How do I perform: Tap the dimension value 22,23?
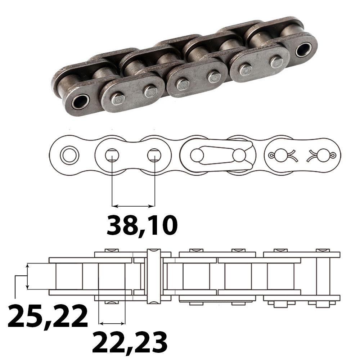tap(130, 342)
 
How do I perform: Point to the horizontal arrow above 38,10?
tap(133, 206)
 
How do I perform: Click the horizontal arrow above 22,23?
tap(112, 322)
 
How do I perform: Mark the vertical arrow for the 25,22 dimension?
tap(27, 276)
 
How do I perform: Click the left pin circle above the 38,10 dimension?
tap(112, 156)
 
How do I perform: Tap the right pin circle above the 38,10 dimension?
tap(154, 156)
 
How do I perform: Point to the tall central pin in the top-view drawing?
tap(153, 275)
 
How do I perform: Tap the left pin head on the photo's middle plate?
tap(182, 85)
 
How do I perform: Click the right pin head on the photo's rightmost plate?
tap(276, 62)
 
